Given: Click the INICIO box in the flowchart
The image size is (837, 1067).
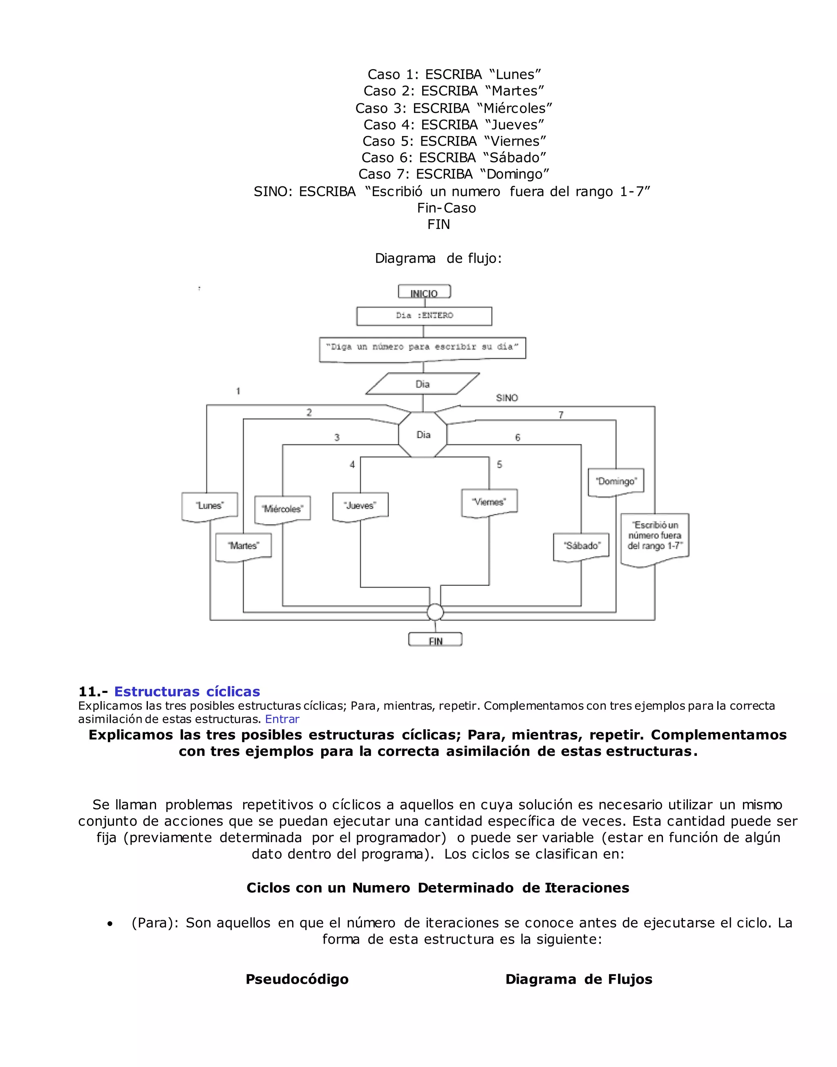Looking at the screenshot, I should (x=424, y=293).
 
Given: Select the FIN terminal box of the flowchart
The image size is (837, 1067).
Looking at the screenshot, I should (x=435, y=640).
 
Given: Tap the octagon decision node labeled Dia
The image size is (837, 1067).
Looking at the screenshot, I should (x=423, y=435).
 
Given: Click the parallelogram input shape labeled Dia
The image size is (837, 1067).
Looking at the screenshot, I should (x=423, y=384).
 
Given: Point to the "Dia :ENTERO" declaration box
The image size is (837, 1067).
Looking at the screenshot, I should (x=424, y=316).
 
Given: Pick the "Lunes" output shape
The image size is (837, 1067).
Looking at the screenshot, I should (x=210, y=506).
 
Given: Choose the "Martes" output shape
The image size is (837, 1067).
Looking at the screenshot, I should (x=244, y=546).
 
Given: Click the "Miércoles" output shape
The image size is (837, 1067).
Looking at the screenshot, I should (x=282, y=509).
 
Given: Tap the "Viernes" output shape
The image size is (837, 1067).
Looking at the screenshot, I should (x=489, y=502).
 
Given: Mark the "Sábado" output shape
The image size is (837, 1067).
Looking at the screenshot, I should (x=581, y=546).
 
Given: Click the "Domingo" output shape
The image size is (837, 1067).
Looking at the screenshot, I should (x=616, y=482).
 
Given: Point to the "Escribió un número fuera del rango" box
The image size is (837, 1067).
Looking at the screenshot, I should (x=655, y=537).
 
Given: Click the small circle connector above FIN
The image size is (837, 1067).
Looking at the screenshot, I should (x=435, y=612).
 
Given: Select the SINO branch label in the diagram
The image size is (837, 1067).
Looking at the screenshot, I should (x=507, y=398).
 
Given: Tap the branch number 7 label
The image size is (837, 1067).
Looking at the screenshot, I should (x=561, y=415).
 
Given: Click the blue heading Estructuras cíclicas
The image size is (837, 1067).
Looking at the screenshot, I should (x=187, y=692).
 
